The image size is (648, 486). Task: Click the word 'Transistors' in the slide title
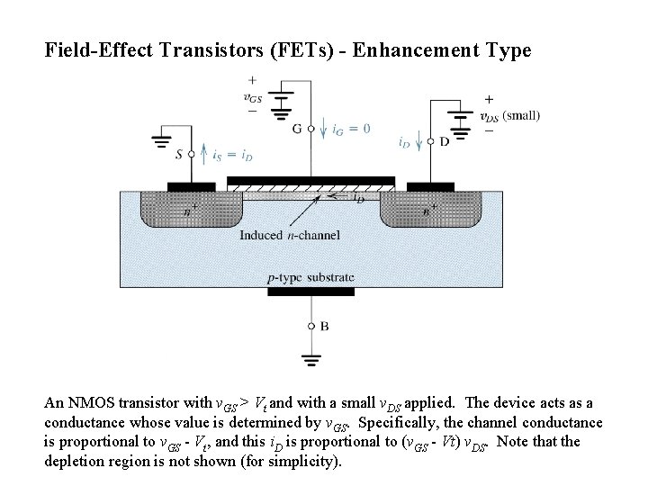(x=219, y=50)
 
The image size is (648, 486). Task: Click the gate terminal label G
(x=297, y=129)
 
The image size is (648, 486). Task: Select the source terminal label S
(x=179, y=155)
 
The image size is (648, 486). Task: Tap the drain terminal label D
(x=444, y=142)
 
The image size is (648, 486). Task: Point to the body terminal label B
(x=324, y=326)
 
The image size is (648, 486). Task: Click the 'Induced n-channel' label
(x=289, y=235)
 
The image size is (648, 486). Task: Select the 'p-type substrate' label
(x=311, y=277)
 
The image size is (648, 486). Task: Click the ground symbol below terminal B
(x=311, y=360)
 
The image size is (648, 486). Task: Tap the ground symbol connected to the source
(x=163, y=139)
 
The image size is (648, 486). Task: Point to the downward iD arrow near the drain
(x=420, y=142)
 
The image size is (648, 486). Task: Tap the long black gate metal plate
(x=310, y=180)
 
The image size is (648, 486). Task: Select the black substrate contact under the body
(x=311, y=291)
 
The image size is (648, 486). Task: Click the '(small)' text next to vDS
(x=521, y=115)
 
